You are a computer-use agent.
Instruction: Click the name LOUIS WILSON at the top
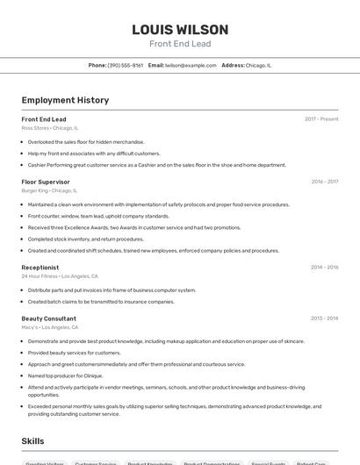[x=180, y=30]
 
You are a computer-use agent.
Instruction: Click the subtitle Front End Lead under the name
[x=180, y=44]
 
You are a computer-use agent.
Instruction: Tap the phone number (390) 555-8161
[x=126, y=65]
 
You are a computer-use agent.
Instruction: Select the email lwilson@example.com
[x=191, y=65]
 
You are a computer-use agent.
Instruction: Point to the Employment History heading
[x=65, y=100]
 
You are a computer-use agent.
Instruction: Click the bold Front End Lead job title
[x=44, y=119]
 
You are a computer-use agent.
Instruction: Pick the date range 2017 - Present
[x=321, y=119]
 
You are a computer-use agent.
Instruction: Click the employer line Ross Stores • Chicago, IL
[x=50, y=128]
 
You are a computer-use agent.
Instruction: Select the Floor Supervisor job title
[x=46, y=182]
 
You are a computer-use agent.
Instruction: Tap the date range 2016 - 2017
[x=324, y=182]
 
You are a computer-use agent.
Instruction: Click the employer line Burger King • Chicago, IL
[x=50, y=190]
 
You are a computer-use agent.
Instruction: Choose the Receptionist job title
[x=40, y=268]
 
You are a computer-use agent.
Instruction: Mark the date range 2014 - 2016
[x=324, y=268]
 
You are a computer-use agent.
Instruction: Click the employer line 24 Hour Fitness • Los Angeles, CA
[x=58, y=276]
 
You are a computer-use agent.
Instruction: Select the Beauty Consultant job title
[x=49, y=318]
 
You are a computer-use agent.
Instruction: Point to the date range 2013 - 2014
[x=324, y=318]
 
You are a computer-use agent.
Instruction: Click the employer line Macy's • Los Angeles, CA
[x=50, y=327]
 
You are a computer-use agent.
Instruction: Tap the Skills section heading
[x=33, y=440]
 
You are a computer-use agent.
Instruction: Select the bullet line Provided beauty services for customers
[x=75, y=353]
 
